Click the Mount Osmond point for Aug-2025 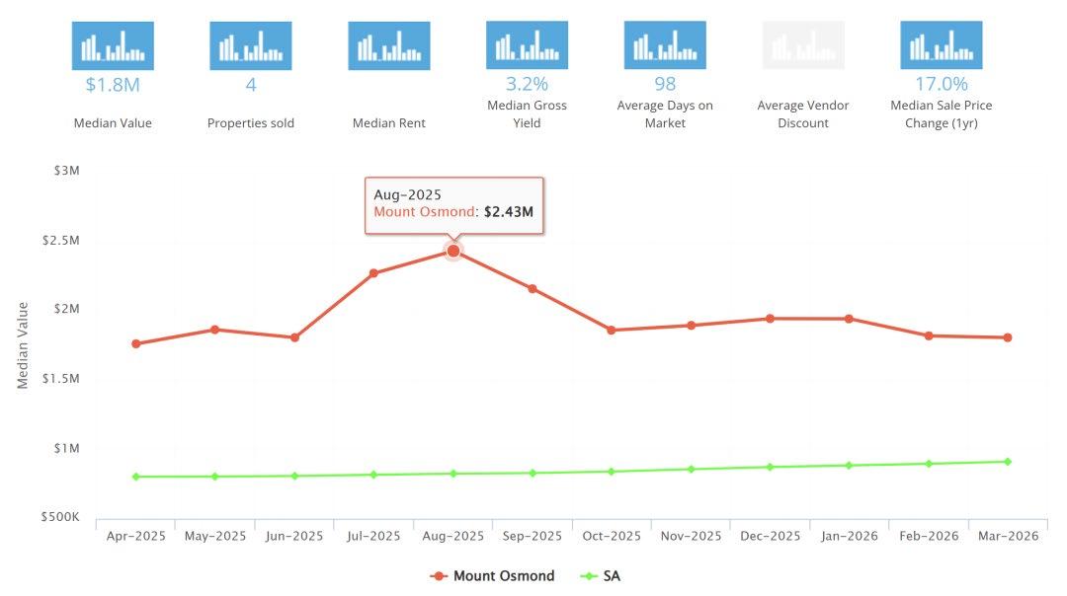[x=453, y=251]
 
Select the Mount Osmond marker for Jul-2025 [x=373, y=273]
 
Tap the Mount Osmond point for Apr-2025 [x=136, y=343]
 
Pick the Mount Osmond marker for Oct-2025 [x=612, y=331]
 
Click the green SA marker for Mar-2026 [x=1008, y=462]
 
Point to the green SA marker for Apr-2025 [x=136, y=477]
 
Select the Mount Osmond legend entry [x=492, y=576]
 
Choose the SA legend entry [x=601, y=576]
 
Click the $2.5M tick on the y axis [x=60, y=241]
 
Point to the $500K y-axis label [x=60, y=517]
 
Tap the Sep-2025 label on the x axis [x=533, y=536]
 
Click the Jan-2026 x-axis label [x=850, y=536]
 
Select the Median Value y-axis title [x=23, y=345]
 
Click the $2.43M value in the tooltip [x=509, y=212]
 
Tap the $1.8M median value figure [x=113, y=85]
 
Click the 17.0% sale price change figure [x=942, y=84]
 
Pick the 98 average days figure [x=665, y=84]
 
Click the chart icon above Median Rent [x=389, y=45]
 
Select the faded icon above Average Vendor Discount [x=803, y=44]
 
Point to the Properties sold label [x=251, y=123]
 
